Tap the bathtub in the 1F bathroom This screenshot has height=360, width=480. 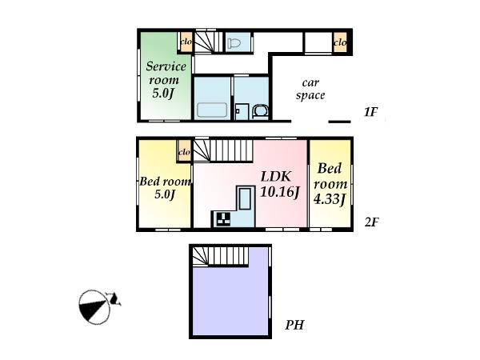[212, 110]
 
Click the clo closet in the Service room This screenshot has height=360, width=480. [185, 42]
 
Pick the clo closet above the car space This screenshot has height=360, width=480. [339, 42]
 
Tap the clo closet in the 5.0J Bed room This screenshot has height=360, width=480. [183, 150]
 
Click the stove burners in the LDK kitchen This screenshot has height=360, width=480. [221, 218]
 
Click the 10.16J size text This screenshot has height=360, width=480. [278, 193]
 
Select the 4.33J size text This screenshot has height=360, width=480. [330, 199]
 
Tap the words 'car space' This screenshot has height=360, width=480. [311, 89]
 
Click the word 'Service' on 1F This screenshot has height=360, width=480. [166, 66]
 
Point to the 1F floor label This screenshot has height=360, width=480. [370, 113]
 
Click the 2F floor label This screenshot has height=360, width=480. [370, 222]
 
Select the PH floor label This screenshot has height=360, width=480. [294, 326]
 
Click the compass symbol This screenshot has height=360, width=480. [98, 306]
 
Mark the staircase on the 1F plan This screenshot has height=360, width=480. [206, 42]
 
